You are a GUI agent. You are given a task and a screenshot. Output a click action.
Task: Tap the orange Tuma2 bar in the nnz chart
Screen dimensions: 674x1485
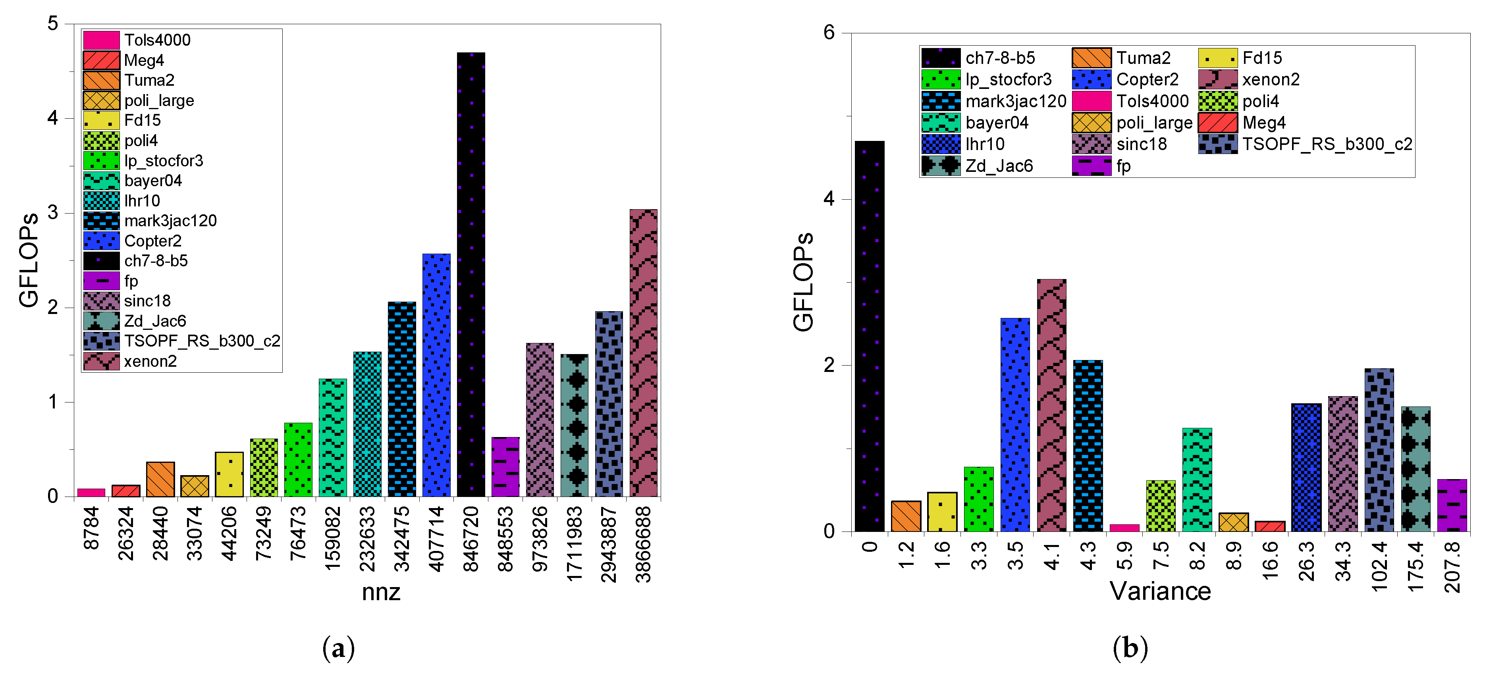[160, 479]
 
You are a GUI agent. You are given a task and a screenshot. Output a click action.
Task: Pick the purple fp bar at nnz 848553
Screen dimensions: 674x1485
[505, 467]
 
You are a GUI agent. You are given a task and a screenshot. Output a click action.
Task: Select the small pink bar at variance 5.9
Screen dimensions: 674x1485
[1124, 528]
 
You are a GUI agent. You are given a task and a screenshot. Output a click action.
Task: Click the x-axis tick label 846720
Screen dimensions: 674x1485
[471, 539]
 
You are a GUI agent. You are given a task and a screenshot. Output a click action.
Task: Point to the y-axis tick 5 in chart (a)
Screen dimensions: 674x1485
[53, 24]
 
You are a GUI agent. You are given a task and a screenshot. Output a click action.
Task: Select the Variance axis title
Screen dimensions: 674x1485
[1160, 591]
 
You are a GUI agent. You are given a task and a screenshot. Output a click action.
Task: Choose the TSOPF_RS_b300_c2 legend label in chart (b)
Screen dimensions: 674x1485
[1327, 144]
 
